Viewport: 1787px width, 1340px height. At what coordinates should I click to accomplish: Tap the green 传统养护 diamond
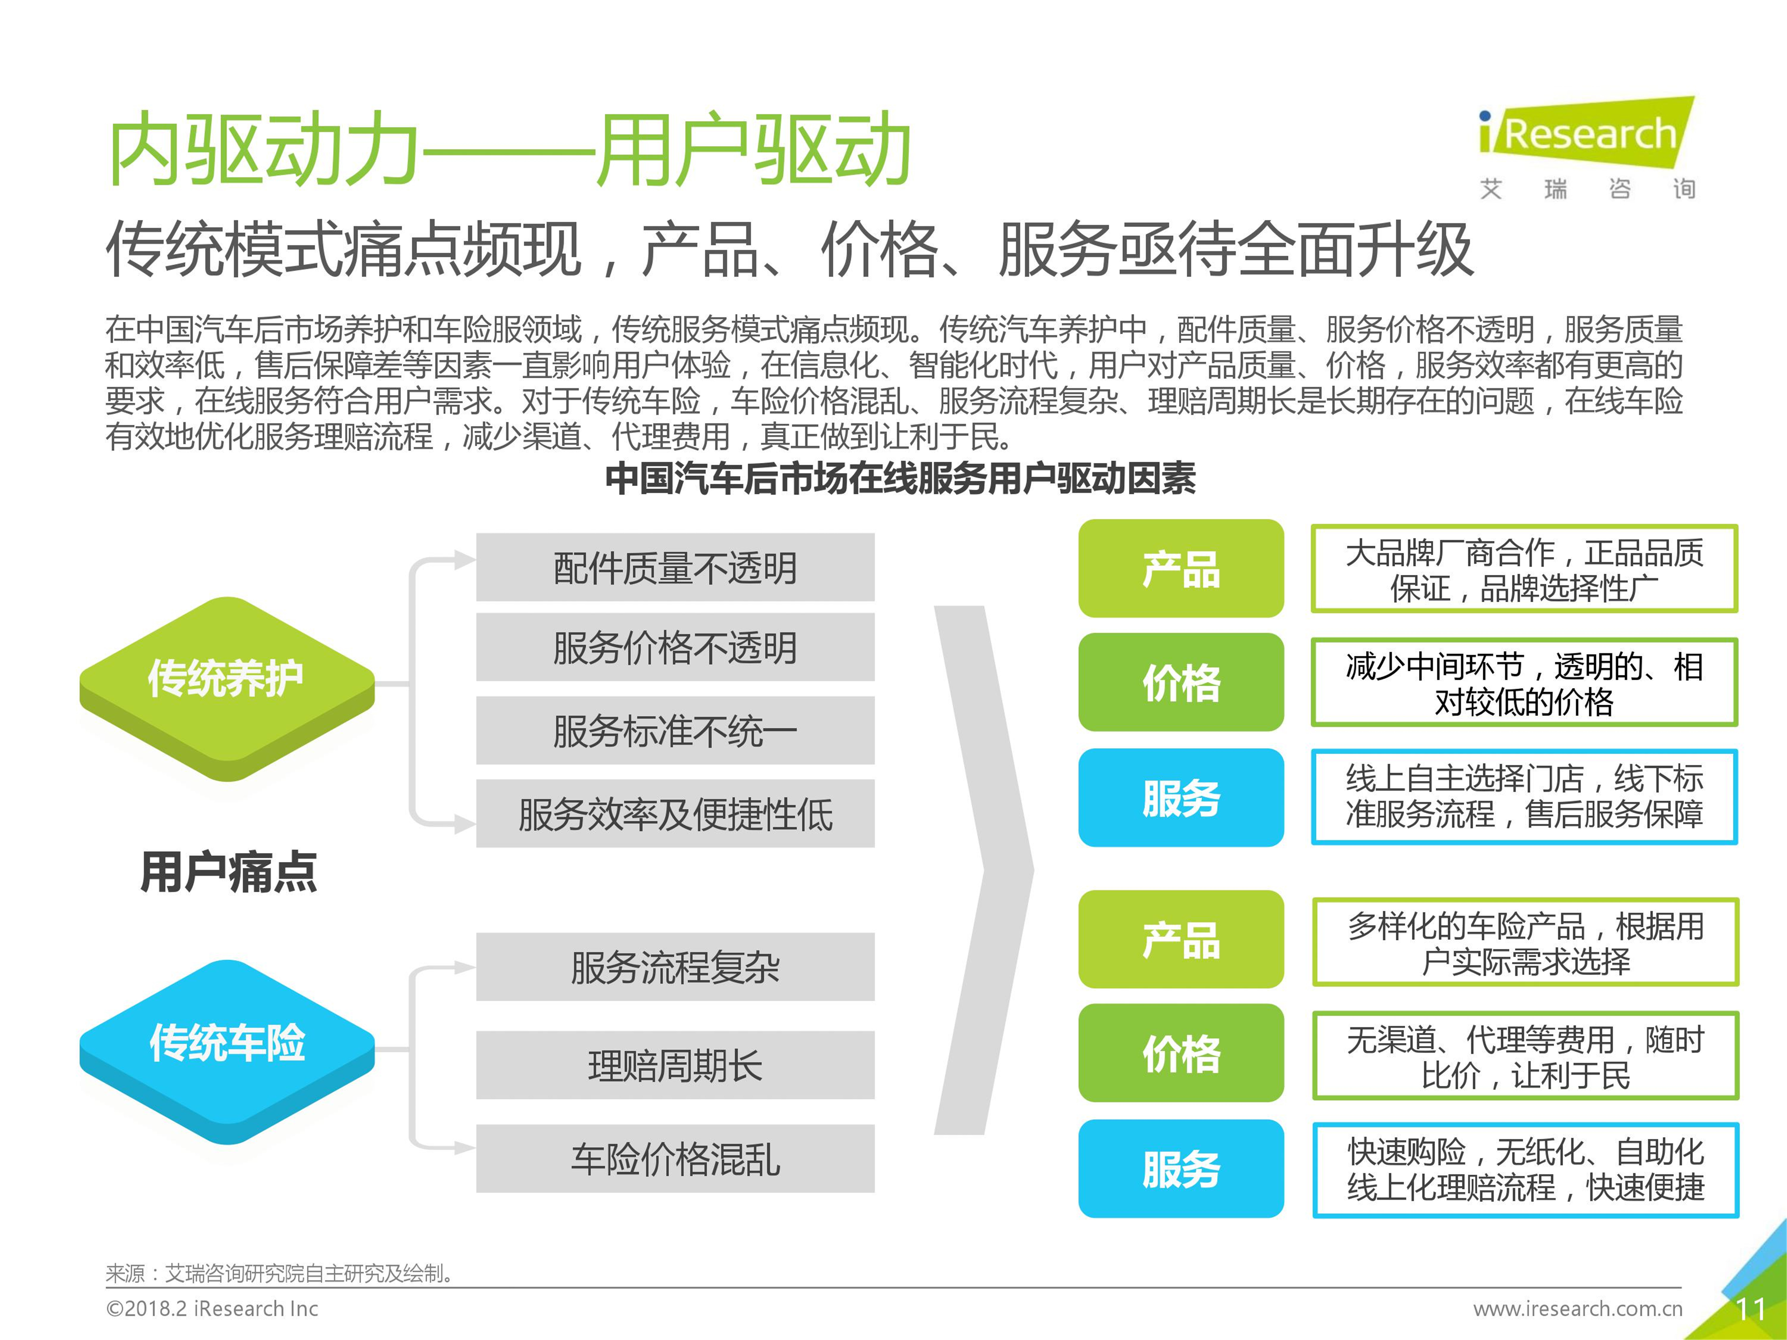click(x=227, y=688)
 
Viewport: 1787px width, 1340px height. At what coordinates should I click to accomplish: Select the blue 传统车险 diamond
click(x=227, y=1052)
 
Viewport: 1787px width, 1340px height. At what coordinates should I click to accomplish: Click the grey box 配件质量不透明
click(x=675, y=567)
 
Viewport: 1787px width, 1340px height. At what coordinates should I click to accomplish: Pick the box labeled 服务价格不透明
click(x=675, y=647)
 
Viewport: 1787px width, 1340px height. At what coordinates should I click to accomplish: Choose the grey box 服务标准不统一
click(x=675, y=730)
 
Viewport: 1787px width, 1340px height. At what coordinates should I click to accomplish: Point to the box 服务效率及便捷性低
click(x=675, y=813)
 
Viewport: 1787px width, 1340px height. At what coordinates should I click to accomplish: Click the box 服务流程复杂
click(x=675, y=967)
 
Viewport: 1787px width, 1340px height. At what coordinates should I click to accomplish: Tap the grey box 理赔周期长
click(x=675, y=1065)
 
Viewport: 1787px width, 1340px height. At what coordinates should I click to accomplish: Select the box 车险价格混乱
click(x=675, y=1158)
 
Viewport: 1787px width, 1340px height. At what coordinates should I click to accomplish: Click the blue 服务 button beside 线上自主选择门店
click(x=1181, y=797)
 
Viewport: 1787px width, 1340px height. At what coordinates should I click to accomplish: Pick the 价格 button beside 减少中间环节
click(x=1181, y=682)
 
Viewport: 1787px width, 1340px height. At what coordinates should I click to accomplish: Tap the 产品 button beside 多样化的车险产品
click(x=1181, y=939)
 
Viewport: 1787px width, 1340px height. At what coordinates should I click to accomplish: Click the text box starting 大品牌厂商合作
click(x=1525, y=569)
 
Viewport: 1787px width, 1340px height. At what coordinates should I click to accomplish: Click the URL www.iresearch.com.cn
click(x=1578, y=1309)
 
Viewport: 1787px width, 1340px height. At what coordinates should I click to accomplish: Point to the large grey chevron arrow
click(x=984, y=870)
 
